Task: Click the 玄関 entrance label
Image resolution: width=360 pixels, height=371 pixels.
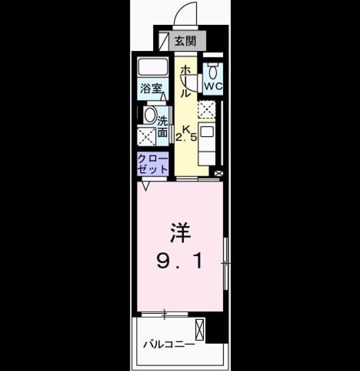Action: click(x=186, y=41)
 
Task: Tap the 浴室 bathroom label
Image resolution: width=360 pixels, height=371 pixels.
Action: click(x=151, y=89)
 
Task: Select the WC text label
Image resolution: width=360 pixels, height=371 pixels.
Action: click(x=213, y=86)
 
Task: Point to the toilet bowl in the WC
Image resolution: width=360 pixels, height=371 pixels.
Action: click(x=213, y=71)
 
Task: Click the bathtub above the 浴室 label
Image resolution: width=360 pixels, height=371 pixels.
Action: click(x=153, y=67)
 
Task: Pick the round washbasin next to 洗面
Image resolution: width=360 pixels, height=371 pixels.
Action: click(x=150, y=115)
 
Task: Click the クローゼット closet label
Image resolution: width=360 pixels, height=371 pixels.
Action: click(x=152, y=163)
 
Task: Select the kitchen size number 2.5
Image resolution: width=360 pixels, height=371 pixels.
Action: click(x=186, y=137)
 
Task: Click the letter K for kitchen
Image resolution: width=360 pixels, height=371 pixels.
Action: click(x=186, y=129)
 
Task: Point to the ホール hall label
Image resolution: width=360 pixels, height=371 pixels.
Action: click(x=186, y=82)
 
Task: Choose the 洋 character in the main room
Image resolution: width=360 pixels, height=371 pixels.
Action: click(x=180, y=233)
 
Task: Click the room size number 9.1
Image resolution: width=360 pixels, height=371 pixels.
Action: click(x=180, y=261)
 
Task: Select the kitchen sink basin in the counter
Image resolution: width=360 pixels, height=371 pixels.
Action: click(x=207, y=132)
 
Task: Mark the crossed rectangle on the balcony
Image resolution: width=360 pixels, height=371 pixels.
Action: click(x=199, y=330)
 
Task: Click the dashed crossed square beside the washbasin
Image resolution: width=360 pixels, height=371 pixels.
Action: click(x=147, y=137)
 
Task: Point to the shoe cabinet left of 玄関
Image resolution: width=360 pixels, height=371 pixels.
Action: click(x=163, y=41)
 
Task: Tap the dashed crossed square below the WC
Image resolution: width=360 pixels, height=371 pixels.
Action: click(x=206, y=110)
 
